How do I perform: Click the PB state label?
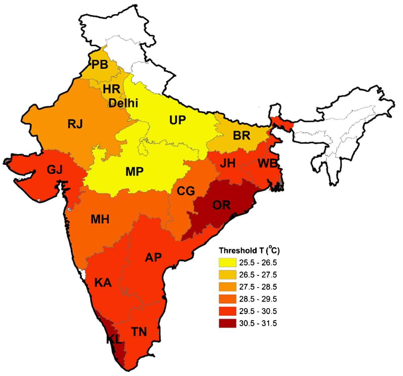pos(100,64)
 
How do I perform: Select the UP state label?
pos(177,119)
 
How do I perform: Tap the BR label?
pos(241,136)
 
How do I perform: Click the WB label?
pos(267,164)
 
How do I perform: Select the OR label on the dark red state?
pos(221,205)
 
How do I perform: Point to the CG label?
pos(186,191)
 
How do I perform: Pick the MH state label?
pos(100,219)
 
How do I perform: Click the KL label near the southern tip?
pos(114,339)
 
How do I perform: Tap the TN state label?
pos(139,331)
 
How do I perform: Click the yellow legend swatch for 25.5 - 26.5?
pos(227,263)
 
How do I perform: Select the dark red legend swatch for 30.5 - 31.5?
pos(227,323)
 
